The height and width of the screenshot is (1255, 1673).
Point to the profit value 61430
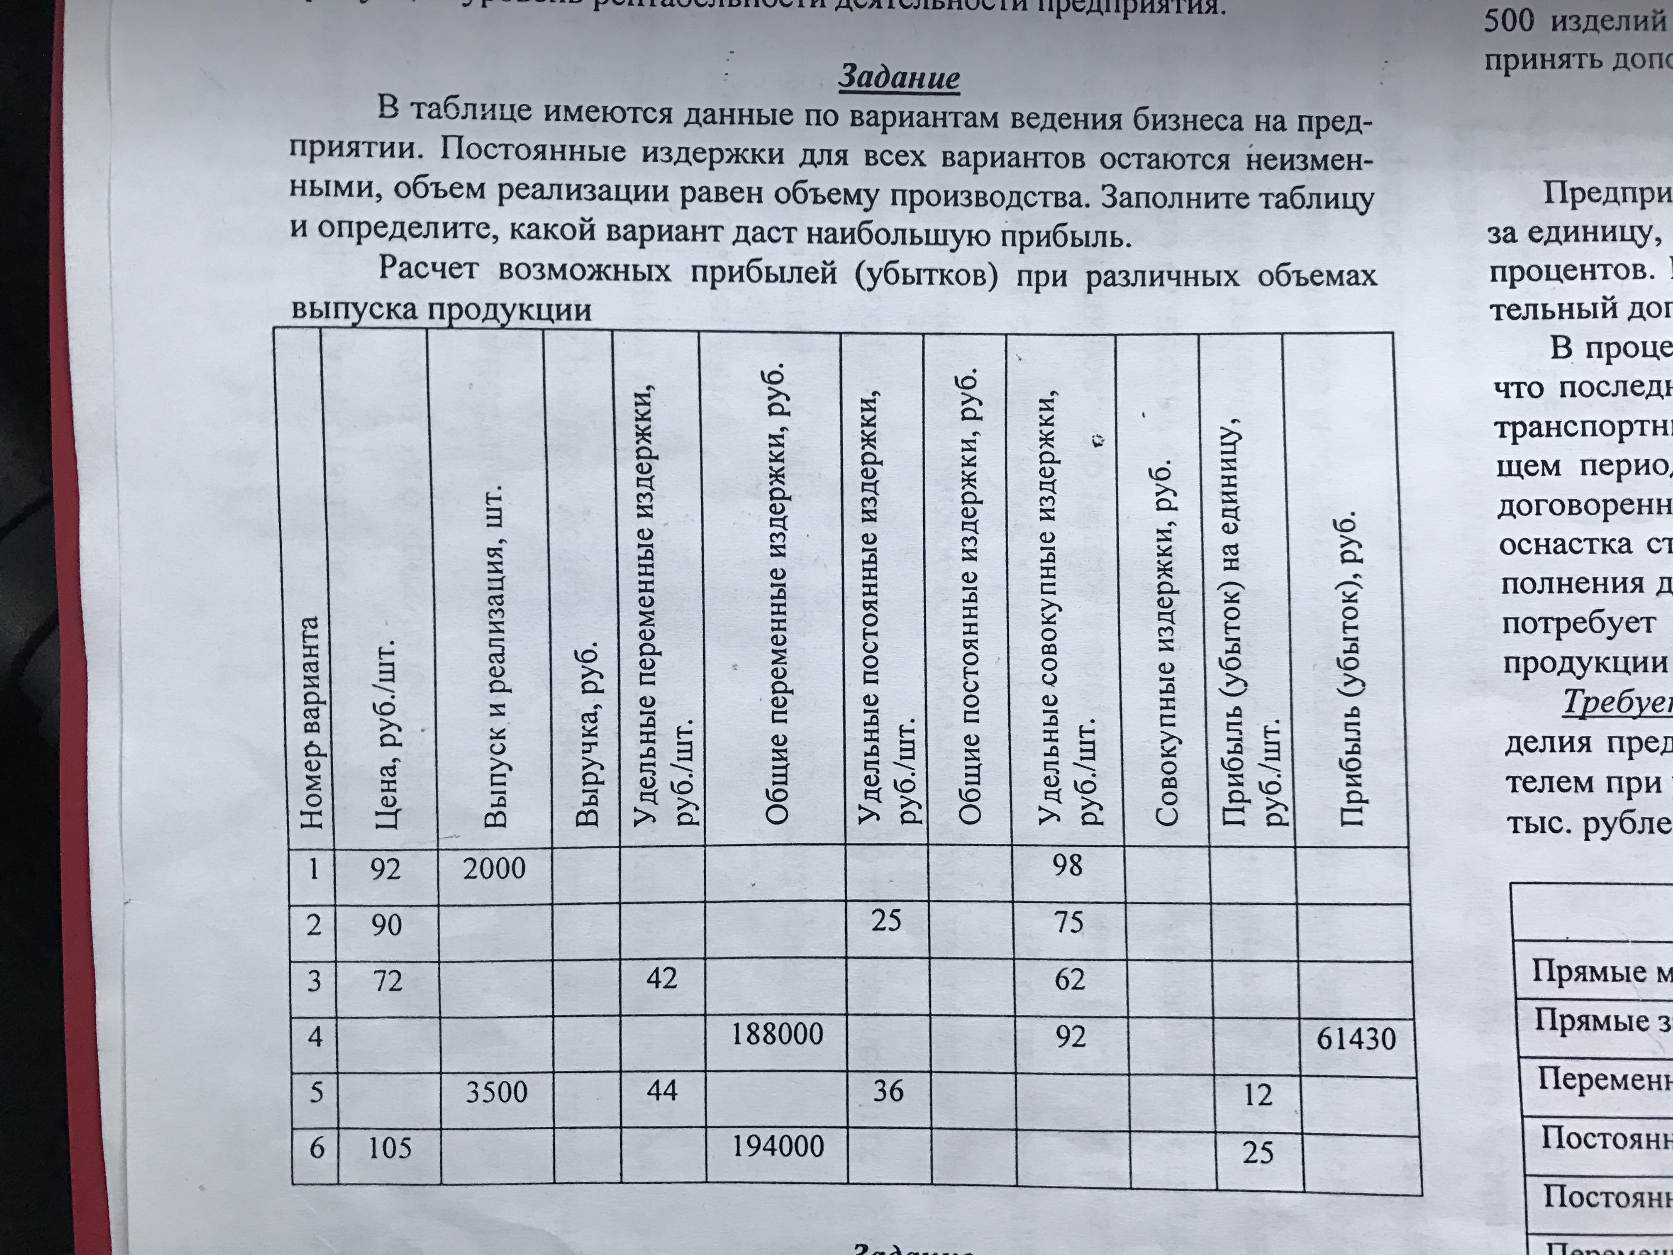pos(1356,1039)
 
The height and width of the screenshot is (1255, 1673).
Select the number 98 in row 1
pos(1067,864)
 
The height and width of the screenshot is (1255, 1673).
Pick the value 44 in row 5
pos(662,1090)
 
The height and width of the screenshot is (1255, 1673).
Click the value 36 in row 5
pos(888,1091)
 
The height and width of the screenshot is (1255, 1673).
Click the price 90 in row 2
pos(386,924)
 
